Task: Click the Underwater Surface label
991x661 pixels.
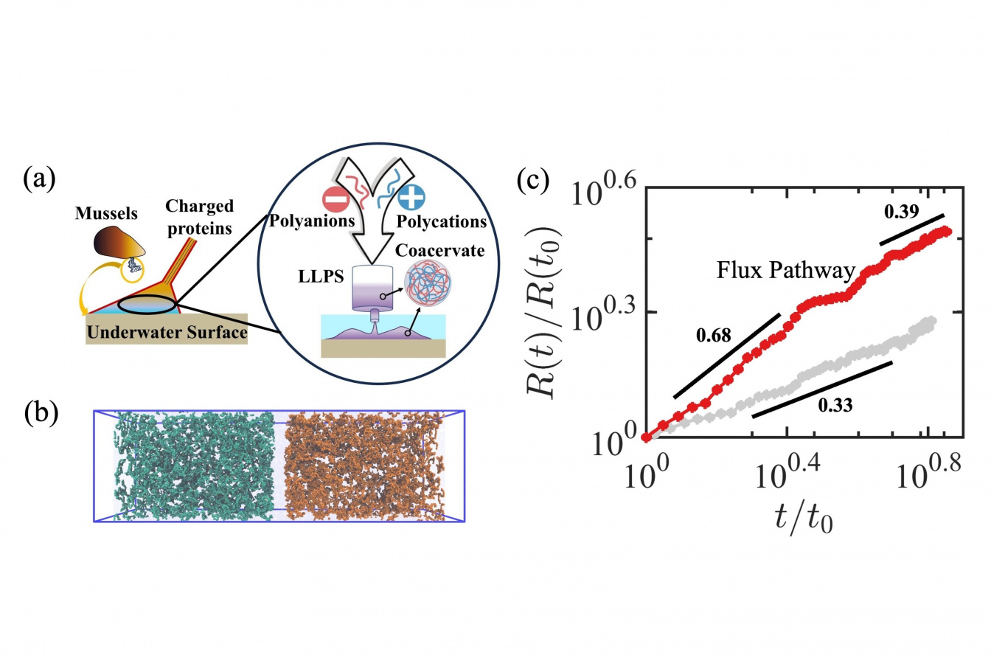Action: point(166,334)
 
